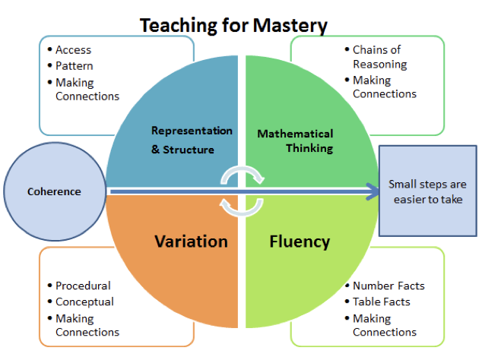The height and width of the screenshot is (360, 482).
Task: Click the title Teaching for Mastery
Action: coord(233,25)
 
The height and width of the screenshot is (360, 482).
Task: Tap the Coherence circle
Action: coord(55,191)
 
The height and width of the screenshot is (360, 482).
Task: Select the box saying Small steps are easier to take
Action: coord(427,191)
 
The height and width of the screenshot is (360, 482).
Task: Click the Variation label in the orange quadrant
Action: coord(191,242)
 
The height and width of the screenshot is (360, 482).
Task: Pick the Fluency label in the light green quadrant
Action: coord(300,242)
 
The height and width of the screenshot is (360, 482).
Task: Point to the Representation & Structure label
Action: coord(192,140)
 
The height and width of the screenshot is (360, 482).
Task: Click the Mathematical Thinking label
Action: coord(295,141)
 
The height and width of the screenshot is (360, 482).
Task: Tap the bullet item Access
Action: coord(73,50)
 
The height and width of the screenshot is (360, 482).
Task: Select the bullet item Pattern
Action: coord(74,66)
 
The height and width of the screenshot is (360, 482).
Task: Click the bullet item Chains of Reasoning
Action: coord(379,57)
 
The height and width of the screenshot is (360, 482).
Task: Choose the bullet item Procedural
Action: coord(83,286)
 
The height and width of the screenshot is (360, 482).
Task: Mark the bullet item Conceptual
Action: coord(84,302)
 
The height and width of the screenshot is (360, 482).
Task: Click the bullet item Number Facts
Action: coord(388,286)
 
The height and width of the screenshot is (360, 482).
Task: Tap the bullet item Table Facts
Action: coord(382,302)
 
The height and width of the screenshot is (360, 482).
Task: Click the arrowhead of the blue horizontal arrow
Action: coord(373,191)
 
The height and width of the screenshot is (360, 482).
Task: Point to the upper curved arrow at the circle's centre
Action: coord(243,174)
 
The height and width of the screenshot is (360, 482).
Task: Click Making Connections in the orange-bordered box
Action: coord(87,325)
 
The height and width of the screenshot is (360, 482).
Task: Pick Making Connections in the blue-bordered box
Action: coord(87,90)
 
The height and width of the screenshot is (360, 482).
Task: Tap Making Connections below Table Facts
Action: coord(385,325)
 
